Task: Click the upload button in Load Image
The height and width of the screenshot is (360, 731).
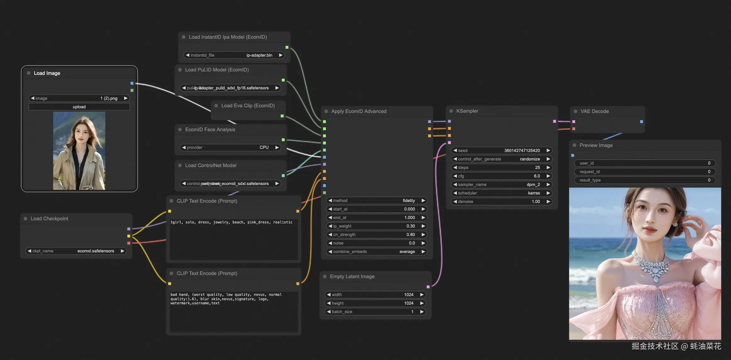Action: (x=79, y=107)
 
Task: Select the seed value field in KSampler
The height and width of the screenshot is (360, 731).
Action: (x=501, y=151)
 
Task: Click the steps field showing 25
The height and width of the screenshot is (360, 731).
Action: (x=501, y=168)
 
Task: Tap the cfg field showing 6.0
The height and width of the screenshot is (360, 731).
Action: (x=501, y=176)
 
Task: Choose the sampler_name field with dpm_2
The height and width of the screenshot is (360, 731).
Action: (x=501, y=185)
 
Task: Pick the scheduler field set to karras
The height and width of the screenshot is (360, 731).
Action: (x=501, y=193)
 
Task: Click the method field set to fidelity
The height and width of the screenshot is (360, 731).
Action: (x=377, y=201)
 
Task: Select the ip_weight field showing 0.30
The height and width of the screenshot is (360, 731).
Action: (x=377, y=226)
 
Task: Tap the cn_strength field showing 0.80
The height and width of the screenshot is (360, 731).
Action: (x=377, y=235)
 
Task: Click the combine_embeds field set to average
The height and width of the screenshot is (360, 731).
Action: (x=377, y=252)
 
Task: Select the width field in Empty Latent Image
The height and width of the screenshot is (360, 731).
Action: (x=375, y=295)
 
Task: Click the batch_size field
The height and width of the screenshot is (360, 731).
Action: (x=375, y=312)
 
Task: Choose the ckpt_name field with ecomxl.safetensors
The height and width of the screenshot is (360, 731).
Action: (x=76, y=251)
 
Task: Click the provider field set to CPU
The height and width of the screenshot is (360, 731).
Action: (x=230, y=148)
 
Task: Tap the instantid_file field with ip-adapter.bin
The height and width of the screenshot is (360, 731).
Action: (x=234, y=55)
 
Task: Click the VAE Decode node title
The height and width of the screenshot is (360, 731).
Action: (x=594, y=111)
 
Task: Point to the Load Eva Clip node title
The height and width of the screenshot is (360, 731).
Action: (x=248, y=106)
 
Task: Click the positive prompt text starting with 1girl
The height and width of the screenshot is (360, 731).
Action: (x=231, y=222)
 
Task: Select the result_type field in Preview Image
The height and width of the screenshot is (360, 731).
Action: (x=645, y=180)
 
